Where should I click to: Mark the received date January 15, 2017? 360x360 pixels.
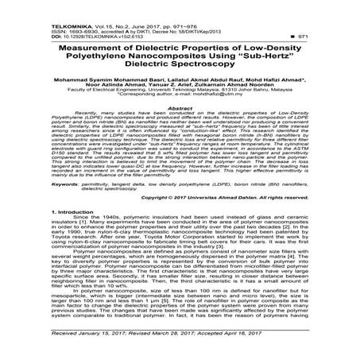pos(90,346)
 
